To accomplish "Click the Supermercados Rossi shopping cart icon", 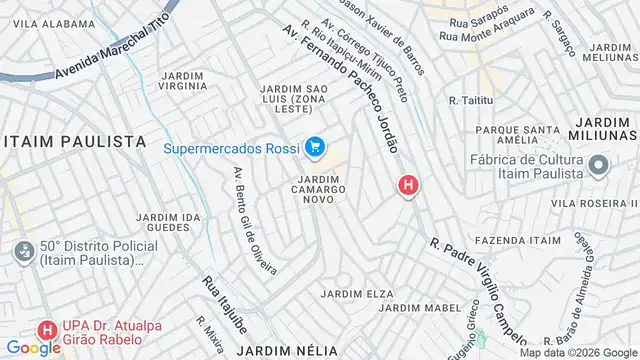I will (315, 148).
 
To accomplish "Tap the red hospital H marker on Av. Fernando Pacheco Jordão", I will (408, 185).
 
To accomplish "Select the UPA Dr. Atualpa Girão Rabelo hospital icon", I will (46, 329).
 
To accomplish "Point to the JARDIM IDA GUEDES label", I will (162, 222).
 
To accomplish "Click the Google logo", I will (33, 347).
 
